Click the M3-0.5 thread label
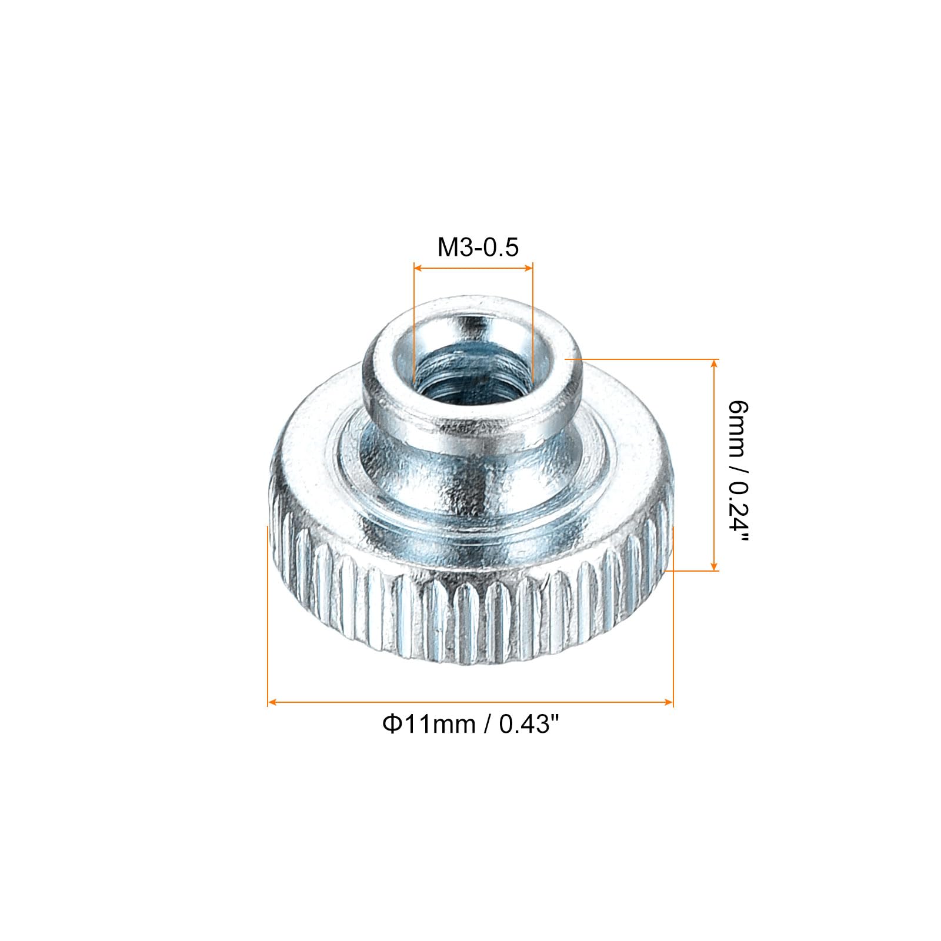[x=478, y=248]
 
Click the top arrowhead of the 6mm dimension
[x=714, y=363]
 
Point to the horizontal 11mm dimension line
[x=470, y=702]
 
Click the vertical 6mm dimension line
[x=714, y=465]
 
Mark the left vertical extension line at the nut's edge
[x=268, y=618]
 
